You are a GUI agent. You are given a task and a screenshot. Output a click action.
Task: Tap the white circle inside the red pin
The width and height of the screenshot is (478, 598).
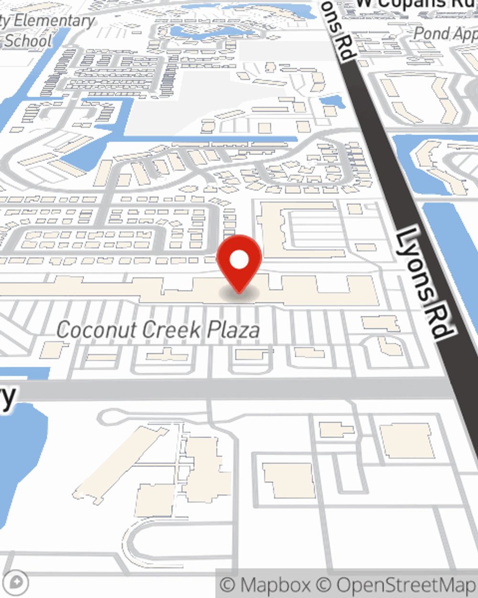239,260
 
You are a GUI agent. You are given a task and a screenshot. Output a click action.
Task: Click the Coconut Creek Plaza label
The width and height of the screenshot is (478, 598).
158,330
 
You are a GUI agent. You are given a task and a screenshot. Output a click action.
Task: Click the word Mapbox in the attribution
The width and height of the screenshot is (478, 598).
275,585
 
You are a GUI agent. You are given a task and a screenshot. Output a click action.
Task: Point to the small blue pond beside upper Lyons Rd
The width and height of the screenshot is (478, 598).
331,101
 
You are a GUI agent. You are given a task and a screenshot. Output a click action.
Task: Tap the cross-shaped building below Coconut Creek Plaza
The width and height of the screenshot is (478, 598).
167,354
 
